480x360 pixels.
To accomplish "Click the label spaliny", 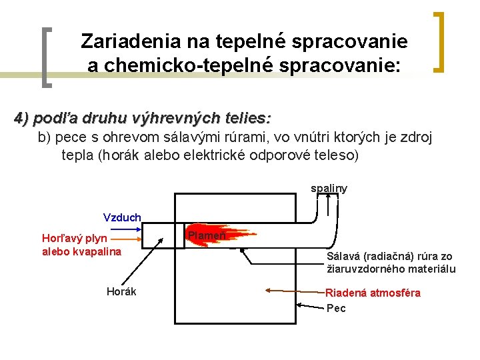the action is click(329, 189).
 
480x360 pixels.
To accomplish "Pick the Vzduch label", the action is click(122, 217).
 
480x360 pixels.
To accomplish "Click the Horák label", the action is click(121, 291).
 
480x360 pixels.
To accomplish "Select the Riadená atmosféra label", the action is click(373, 293).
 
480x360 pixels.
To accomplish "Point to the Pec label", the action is click(336, 308).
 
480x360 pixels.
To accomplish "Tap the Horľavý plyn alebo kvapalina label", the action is click(81, 245).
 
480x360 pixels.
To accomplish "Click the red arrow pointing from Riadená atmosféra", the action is click(293, 291).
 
